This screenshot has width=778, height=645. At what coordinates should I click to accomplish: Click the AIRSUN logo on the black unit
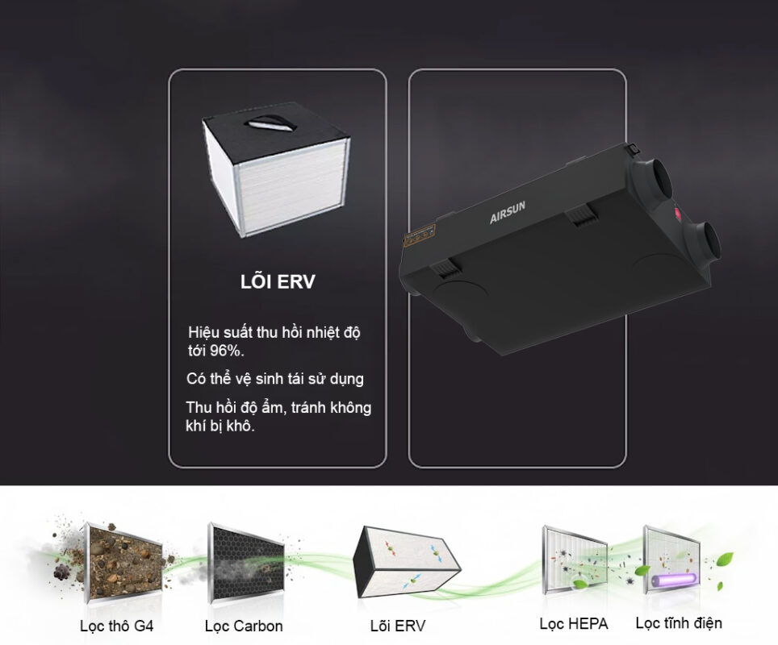point(507,212)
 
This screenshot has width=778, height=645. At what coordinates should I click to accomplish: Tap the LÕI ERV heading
point(278,281)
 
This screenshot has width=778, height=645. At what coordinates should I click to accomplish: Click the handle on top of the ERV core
point(270,123)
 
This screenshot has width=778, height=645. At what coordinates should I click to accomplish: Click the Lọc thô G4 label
point(116,626)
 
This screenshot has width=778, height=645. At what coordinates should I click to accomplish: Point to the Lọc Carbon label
point(244,626)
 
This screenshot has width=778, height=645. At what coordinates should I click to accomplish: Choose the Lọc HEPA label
point(574,624)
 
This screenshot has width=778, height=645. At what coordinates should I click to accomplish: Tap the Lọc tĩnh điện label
point(679,622)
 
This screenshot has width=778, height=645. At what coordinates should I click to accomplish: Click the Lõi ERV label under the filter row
point(398,626)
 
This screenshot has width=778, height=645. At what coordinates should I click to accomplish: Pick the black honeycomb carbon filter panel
point(246,564)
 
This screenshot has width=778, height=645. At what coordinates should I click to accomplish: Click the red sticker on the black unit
point(677,214)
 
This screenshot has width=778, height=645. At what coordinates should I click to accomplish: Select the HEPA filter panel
point(575,560)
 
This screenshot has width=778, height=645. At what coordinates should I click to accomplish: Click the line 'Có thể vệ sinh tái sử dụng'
point(275,379)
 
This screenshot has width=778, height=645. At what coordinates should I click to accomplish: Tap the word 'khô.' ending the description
point(241,426)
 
